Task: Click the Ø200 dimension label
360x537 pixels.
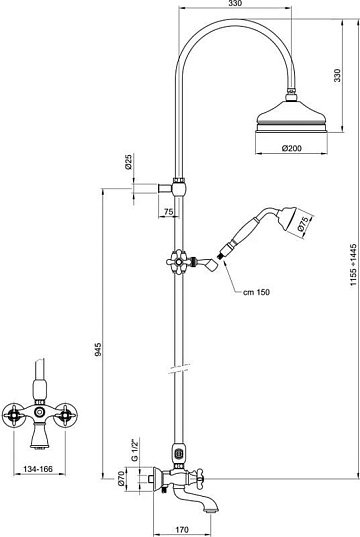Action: click(291, 148)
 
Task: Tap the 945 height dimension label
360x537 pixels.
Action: click(98, 350)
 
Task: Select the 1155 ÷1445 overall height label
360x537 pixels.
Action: click(353, 265)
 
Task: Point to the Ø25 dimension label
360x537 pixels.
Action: click(128, 162)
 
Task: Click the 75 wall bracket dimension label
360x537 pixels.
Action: click(169, 212)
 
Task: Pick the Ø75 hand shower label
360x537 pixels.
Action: click(303, 224)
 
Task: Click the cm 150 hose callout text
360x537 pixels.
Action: click(256, 292)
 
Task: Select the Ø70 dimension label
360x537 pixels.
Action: click(120, 478)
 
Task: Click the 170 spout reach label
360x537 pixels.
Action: click(182, 530)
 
